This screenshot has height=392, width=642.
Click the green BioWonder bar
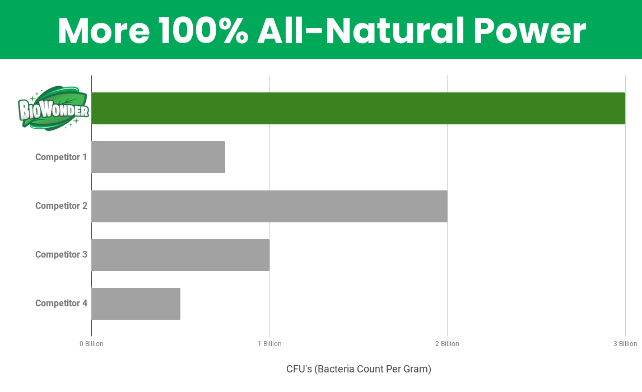point(359,109)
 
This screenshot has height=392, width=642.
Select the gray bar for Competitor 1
point(159,157)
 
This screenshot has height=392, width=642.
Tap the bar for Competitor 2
point(269,206)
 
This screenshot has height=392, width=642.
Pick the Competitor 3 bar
point(180,255)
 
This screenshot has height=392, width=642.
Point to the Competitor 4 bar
point(136,304)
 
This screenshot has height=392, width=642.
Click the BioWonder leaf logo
point(53,109)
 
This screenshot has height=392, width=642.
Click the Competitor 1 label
point(61,157)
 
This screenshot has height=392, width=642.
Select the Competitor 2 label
point(61,206)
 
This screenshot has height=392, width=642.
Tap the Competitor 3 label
point(61,254)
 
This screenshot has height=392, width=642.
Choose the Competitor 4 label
point(61,303)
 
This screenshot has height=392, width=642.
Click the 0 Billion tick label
point(91,344)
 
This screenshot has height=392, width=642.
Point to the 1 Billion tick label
point(269,344)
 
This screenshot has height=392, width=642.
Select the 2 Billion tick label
point(447,344)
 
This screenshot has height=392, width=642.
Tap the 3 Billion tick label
point(625,344)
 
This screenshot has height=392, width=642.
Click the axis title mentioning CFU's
point(359,369)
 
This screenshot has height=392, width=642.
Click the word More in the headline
point(104,31)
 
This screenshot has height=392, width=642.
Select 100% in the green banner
point(203,31)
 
